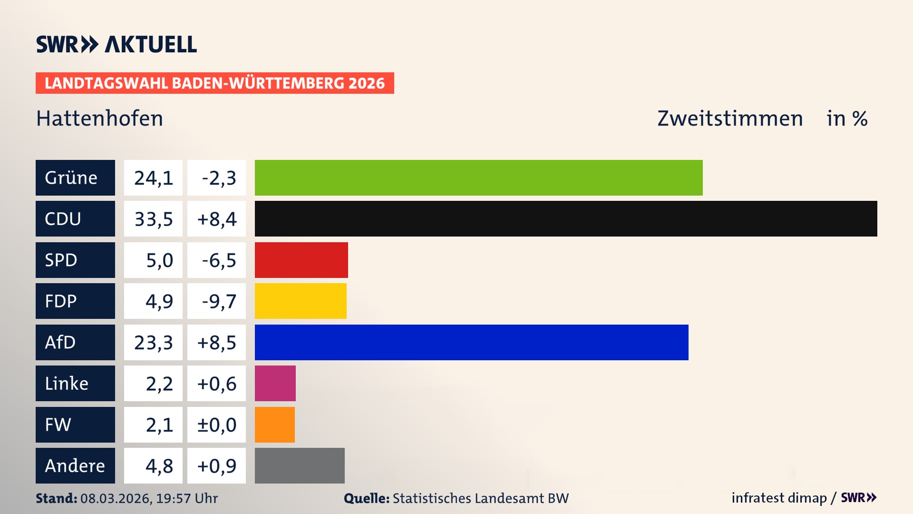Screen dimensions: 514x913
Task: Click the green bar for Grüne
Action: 478,178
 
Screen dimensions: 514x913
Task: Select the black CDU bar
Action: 566,218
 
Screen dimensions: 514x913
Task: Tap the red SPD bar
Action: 301,260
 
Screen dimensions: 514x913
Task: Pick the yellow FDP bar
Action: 301,301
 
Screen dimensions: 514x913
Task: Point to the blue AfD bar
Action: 471,342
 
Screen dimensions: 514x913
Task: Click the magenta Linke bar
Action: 275,383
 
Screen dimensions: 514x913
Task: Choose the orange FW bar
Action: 274,425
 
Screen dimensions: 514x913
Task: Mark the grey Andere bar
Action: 300,465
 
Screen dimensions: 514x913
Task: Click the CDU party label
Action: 75,218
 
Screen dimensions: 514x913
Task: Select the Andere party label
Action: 75,465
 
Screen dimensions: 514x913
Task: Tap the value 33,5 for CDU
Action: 153,219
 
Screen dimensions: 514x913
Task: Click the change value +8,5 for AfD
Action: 216,342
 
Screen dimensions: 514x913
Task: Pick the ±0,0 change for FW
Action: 216,425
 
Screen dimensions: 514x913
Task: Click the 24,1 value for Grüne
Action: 153,178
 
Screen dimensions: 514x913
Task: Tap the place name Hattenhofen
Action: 99,119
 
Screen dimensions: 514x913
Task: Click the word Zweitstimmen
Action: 729,119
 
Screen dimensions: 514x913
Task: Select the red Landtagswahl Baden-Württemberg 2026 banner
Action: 214,83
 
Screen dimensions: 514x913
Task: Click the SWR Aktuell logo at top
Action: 116,44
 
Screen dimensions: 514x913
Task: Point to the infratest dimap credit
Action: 778,498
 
